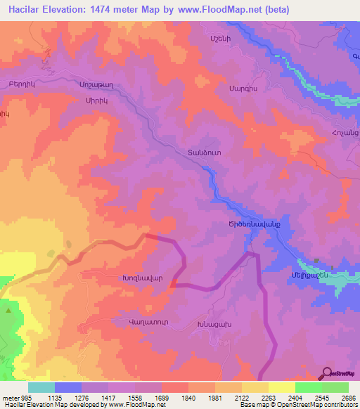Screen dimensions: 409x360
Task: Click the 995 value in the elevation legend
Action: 27,397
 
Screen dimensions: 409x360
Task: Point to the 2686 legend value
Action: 348,397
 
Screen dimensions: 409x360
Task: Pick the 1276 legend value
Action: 82,397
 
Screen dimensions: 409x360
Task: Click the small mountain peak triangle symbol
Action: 8,309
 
